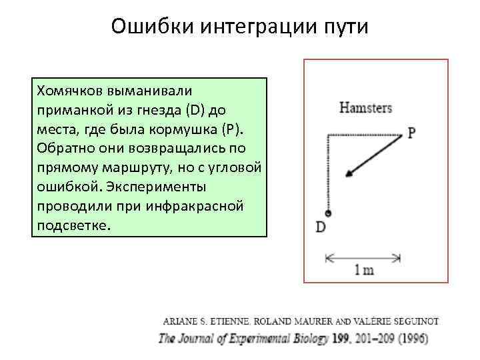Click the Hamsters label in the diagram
point(365,108)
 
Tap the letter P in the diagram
point(412,133)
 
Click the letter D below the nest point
point(321,227)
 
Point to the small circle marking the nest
point(327,213)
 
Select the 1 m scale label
point(363,270)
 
